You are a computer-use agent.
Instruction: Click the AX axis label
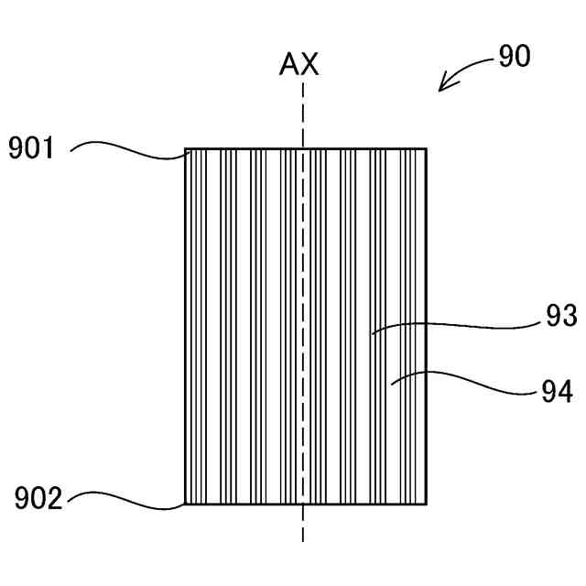point(299,64)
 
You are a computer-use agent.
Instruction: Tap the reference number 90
point(514,57)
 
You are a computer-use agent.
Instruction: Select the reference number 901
point(32,148)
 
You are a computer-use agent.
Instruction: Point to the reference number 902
point(38,499)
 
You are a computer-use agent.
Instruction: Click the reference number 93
point(559,317)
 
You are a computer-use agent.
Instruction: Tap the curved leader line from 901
point(128,146)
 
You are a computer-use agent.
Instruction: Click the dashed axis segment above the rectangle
point(301,114)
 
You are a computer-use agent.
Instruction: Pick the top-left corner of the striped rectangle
point(185,148)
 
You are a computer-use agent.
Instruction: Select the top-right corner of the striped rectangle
point(427,148)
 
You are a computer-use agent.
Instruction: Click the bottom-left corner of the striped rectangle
point(185,505)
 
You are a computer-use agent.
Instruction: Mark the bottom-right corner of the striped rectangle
point(427,505)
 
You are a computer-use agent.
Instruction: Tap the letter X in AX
point(310,64)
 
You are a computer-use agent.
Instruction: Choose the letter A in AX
point(289,64)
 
